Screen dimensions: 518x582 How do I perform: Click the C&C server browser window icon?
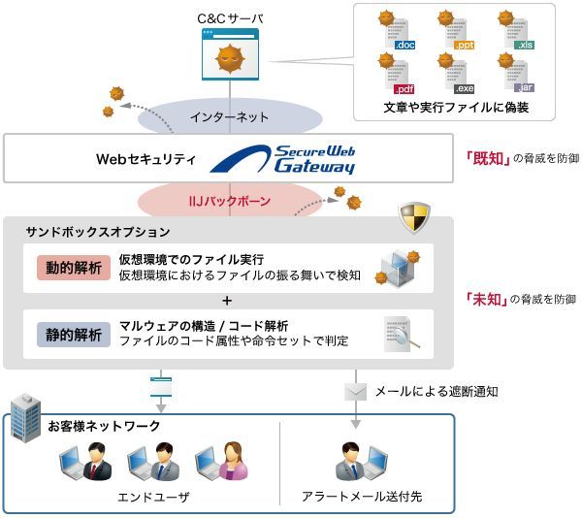tap(231, 54)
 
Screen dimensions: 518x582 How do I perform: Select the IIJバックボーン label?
tap(230, 202)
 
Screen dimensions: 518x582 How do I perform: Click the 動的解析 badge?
tap(69, 268)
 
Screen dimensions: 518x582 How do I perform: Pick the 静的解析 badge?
tap(69, 333)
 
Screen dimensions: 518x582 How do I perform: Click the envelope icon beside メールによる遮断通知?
tap(356, 391)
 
